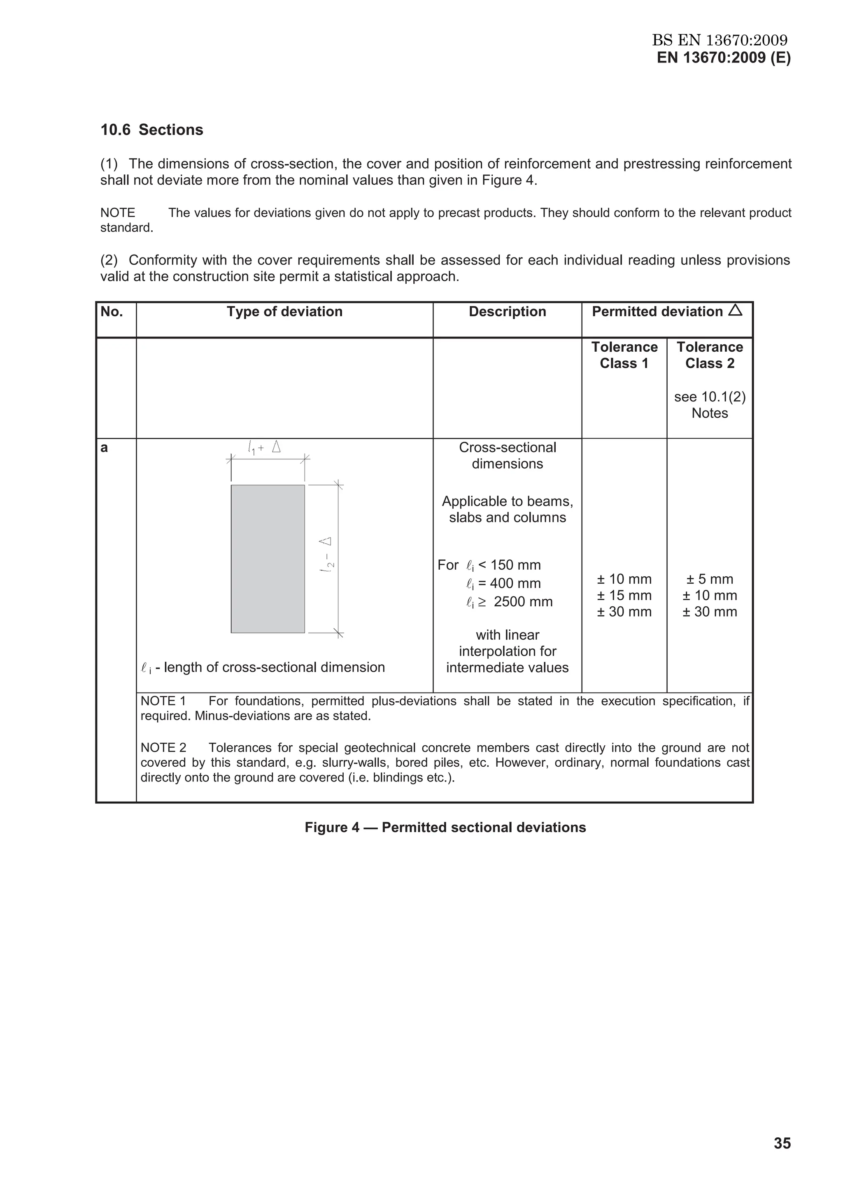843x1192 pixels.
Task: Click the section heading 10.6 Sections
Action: [x=151, y=130]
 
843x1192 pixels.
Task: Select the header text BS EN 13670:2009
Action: [x=720, y=40]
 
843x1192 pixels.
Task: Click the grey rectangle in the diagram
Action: [x=268, y=559]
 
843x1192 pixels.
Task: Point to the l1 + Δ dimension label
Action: [x=264, y=447]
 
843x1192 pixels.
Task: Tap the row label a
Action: [x=104, y=448]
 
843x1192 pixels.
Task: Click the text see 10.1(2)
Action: [x=710, y=397]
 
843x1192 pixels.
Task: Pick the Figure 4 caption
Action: [x=445, y=827]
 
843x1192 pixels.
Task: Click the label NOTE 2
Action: [x=163, y=748]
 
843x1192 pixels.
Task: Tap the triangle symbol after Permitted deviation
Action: [x=735, y=311]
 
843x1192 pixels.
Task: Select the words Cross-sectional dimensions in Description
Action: [x=507, y=455]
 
